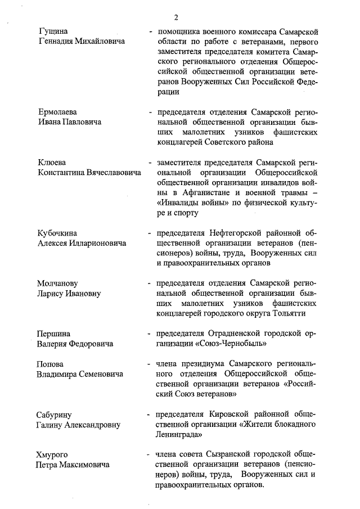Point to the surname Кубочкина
coord(57,232)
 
